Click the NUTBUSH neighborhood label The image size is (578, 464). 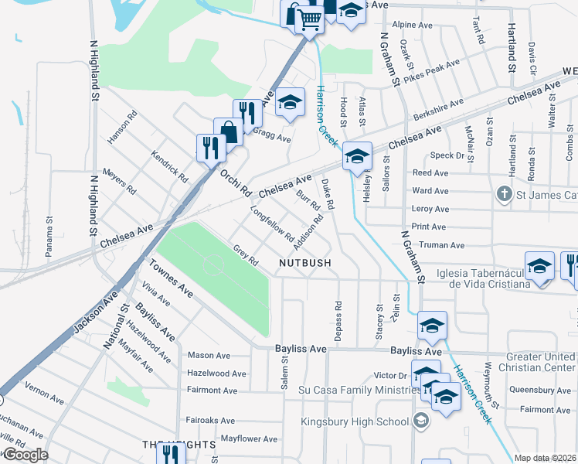(305, 263)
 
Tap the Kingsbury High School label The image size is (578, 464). (358, 421)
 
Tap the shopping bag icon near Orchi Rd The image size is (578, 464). (229, 131)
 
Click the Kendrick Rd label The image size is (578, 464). (170, 165)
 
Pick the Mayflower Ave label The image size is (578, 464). (249, 439)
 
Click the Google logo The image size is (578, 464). (25, 455)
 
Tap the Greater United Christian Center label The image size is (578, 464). (540, 362)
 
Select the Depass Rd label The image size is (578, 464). (338, 317)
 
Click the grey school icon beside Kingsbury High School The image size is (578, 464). (421, 421)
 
